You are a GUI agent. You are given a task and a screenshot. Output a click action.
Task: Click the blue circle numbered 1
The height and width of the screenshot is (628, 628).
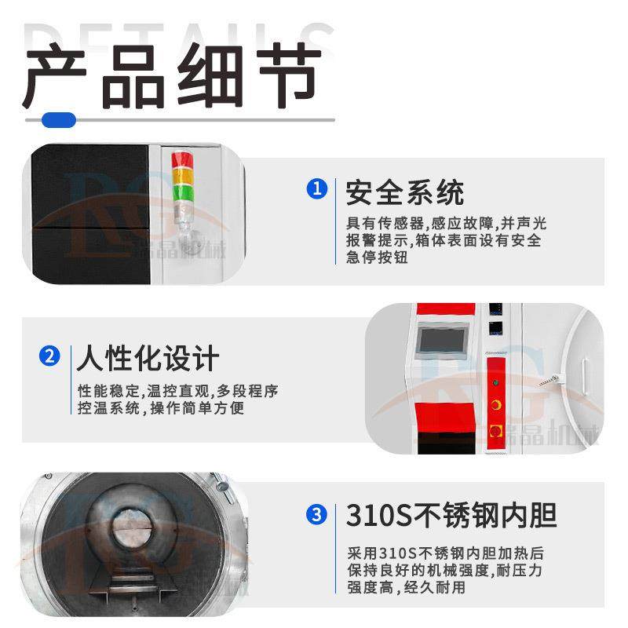coord(316,190)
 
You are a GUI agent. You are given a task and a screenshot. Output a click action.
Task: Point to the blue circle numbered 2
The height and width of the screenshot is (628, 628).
coord(49,356)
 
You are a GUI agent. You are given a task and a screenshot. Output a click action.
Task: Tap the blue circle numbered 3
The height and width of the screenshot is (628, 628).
coord(316,515)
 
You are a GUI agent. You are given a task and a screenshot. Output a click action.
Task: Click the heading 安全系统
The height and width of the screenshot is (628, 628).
coord(405,192)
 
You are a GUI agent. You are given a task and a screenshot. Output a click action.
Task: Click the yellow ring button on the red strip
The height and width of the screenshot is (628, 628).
coord(496,403)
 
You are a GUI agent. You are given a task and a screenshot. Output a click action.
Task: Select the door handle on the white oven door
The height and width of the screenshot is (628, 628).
coord(551,379)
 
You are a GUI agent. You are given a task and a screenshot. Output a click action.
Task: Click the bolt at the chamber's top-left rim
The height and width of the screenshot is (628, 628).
coord(49,476)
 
